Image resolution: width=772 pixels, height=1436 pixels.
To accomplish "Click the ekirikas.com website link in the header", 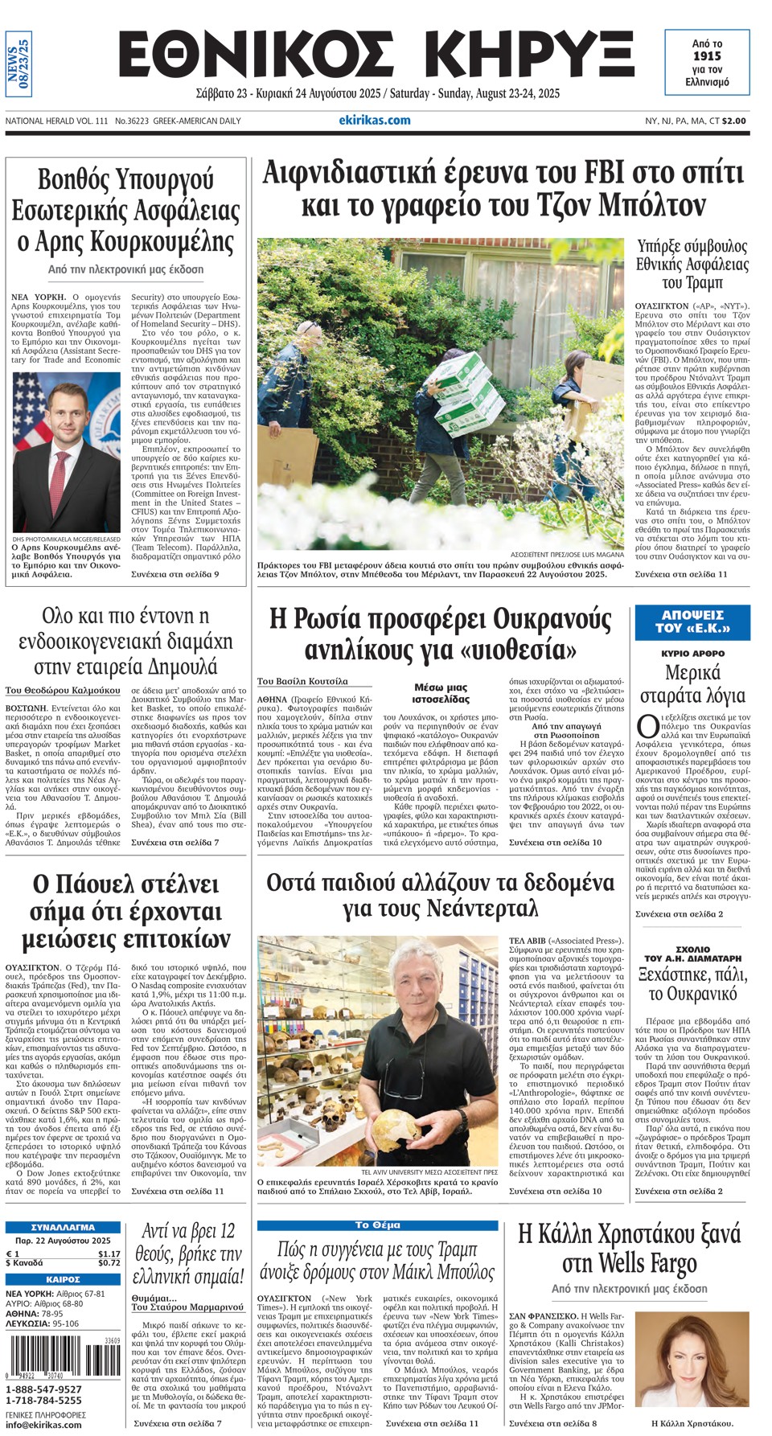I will point(375,121).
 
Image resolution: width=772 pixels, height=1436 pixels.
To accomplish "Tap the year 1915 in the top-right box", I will point(707,56).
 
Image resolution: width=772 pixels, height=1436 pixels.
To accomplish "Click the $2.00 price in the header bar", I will point(733,121).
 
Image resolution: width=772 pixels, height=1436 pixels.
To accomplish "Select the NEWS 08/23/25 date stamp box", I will point(18,68).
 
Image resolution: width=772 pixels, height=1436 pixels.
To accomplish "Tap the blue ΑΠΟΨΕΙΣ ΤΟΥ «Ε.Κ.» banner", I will point(692,622).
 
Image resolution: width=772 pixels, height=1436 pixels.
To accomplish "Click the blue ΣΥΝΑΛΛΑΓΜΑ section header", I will point(63,1228).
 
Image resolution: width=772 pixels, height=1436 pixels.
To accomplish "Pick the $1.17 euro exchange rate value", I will point(109,1253).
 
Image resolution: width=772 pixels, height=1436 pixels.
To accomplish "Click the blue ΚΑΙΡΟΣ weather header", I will point(63,1278).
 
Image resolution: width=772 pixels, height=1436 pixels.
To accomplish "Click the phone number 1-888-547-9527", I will point(43,1389).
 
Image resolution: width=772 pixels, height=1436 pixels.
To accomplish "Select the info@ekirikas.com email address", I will point(43,1425).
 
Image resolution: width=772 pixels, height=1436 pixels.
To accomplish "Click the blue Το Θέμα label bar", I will point(377,1225).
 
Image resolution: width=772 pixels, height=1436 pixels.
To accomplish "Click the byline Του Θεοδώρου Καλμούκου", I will point(63,690).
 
